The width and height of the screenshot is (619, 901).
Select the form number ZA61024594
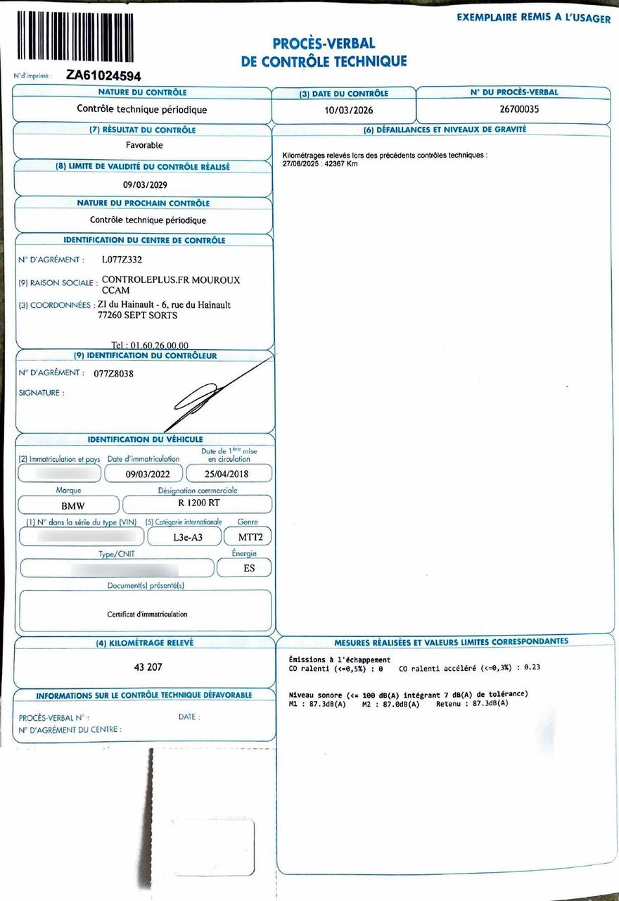pos(103,75)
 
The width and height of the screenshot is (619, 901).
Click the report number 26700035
pos(513,110)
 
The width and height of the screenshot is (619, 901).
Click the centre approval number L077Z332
pos(122,260)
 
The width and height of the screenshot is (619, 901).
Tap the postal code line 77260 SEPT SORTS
pos(137,315)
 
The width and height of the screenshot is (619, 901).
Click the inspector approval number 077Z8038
pos(113,374)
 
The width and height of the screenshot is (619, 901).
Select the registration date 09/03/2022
pos(148,474)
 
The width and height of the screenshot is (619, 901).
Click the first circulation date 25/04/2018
pos(229,474)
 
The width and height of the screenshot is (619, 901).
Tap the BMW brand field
pos(68,505)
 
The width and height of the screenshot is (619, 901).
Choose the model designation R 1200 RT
pos(198,504)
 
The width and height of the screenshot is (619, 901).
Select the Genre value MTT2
pos(248,536)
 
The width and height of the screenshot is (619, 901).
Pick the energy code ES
pos(249,567)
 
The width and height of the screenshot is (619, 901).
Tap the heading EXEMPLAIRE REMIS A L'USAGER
pos(533,18)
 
